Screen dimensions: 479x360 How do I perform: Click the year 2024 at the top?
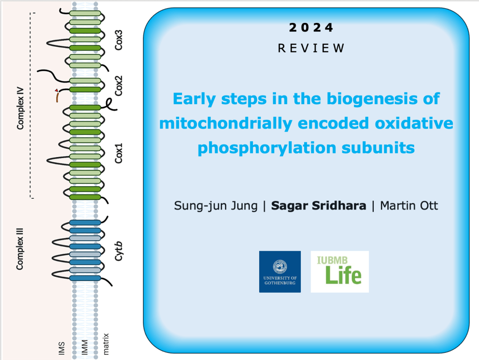click(x=311, y=28)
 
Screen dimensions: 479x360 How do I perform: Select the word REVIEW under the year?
click(x=311, y=48)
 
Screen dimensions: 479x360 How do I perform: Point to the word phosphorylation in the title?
click(x=267, y=148)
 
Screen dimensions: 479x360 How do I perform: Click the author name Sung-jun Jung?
click(x=216, y=206)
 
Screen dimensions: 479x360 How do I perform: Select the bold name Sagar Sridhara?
click(x=319, y=206)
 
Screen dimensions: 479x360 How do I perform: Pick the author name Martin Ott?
click(x=409, y=206)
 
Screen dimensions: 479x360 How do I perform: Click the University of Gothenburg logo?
click(x=280, y=272)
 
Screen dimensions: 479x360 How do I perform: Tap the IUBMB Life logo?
click(x=340, y=272)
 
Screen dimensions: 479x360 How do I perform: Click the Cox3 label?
click(x=118, y=40)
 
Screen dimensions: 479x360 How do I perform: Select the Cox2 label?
click(x=118, y=86)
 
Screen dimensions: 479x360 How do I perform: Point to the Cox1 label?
click(x=118, y=153)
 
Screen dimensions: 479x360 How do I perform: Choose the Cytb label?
click(x=118, y=251)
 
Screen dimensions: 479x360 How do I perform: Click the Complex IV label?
click(x=20, y=108)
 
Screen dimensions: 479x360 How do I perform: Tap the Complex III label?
click(x=20, y=249)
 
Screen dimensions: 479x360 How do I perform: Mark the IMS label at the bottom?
click(x=62, y=348)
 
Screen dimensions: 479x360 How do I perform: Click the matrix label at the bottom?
click(x=106, y=344)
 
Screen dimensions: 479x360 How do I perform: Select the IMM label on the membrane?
click(x=85, y=347)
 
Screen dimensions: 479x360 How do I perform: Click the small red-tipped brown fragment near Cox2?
click(x=57, y=95)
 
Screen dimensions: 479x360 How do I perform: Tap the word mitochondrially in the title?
click(x=226, y=124)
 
